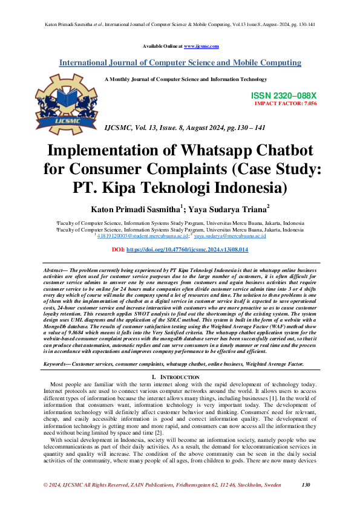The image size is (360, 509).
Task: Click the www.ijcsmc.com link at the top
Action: click(201, 46)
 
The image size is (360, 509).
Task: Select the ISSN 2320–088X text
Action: click(283, 96)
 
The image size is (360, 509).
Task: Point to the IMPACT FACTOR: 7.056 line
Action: click(286, 103)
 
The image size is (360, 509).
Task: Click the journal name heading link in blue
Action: click(180, 62)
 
